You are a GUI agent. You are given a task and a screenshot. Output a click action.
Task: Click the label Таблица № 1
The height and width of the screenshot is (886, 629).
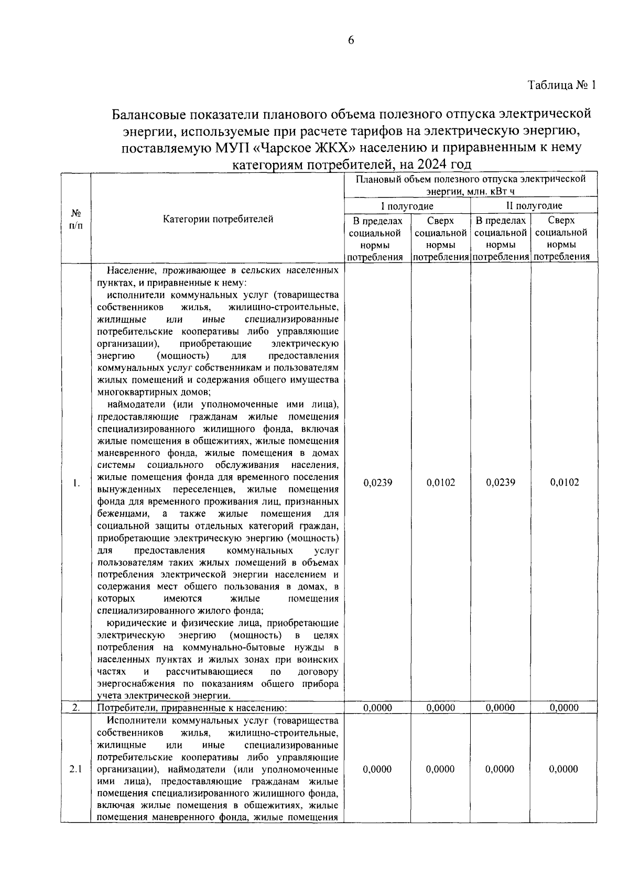[x=561, y=85]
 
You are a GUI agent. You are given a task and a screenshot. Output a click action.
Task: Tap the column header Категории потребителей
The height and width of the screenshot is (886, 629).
[x=218, y=219]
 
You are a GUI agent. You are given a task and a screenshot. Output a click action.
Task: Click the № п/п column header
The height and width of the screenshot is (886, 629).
[x=75, y=220]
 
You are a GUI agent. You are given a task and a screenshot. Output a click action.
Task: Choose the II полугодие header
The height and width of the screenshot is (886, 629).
[x=534, y=206]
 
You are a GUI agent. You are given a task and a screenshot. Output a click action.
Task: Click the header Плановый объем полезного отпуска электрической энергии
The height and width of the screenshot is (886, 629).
[x=470, y=185]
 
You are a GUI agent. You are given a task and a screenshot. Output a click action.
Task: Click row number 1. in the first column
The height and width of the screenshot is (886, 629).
[x=75, y=483]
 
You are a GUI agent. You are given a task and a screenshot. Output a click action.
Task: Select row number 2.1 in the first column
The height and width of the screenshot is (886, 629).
[x=75, y=769]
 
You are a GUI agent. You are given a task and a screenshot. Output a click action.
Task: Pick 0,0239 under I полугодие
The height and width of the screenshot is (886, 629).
[x=377, y=483]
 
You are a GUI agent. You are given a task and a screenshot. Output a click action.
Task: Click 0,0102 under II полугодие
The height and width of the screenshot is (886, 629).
[x=564, y=483]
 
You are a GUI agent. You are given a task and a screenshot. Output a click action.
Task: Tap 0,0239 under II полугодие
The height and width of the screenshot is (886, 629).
[x=500, y=483]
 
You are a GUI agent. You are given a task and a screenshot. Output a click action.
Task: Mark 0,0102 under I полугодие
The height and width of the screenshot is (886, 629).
[x=441, y=483]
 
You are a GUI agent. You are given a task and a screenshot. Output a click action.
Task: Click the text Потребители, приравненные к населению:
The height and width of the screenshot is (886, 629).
[x=192, y=708]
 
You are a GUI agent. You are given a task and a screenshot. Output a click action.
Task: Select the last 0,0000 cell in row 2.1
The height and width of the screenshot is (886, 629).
[x=564, y=769]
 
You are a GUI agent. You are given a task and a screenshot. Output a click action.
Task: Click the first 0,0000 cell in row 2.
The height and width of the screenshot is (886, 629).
[x=377, y=708]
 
